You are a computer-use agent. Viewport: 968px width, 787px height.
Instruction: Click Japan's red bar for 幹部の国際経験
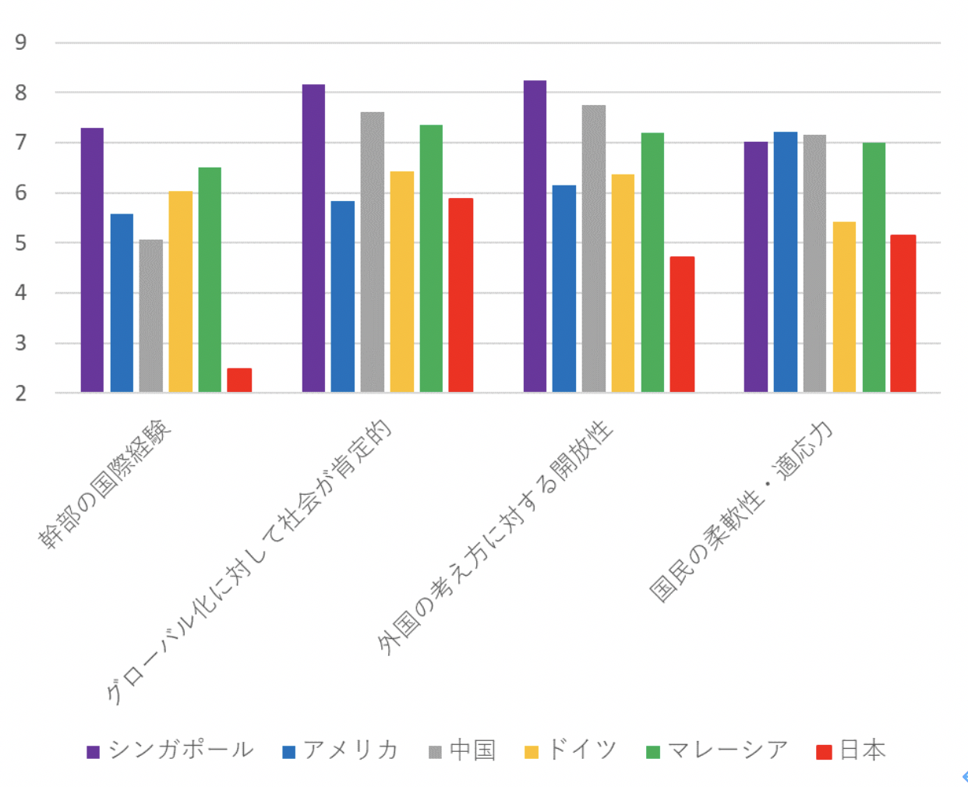click(x=239, y=379)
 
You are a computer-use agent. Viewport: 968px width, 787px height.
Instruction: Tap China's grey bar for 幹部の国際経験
click(x=151, y=316)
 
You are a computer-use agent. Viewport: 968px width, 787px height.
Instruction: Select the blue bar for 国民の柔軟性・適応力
click(x=785, y=262)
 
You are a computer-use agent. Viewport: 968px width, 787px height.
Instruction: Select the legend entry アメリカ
click(x=350, y=750)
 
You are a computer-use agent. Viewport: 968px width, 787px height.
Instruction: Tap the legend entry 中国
click(x=472, y=750)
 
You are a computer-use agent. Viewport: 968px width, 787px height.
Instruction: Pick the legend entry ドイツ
click(x=581, y=750)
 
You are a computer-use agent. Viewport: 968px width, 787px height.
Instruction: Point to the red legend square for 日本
click(x=824, y=751)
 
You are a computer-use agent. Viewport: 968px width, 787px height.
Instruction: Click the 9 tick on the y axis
click(x=21, y=42)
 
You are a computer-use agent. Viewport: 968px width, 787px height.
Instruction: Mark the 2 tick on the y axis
click(x=21, y=393)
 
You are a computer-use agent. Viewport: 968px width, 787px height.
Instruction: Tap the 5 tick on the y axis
click(x=21, y=243)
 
